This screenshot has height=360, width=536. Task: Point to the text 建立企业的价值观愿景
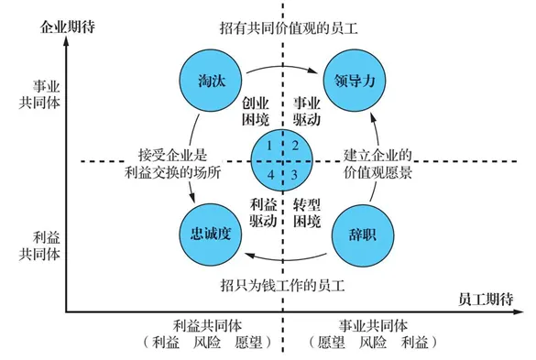[377, 161]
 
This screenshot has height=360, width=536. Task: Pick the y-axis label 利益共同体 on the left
[39, 244]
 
